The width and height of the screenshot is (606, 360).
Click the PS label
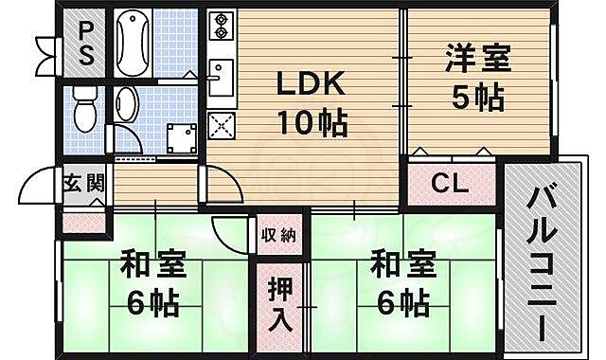point(86,44)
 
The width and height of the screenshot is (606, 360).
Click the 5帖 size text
point(477,97)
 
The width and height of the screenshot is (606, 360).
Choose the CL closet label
point(450,184)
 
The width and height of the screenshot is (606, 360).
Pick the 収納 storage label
point(278,234)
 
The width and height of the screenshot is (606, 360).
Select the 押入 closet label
point(278,303)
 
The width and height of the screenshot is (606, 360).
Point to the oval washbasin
point(124,105)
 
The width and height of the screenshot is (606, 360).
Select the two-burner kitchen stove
point(220,30)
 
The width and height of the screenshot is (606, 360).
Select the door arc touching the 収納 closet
point(232,230)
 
